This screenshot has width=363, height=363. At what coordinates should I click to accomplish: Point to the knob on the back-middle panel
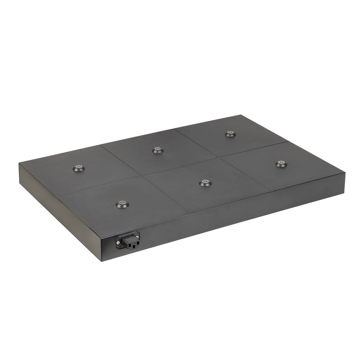157,150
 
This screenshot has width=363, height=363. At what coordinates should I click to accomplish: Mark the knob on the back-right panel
230,133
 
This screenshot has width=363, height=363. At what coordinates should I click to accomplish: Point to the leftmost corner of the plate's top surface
19,163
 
